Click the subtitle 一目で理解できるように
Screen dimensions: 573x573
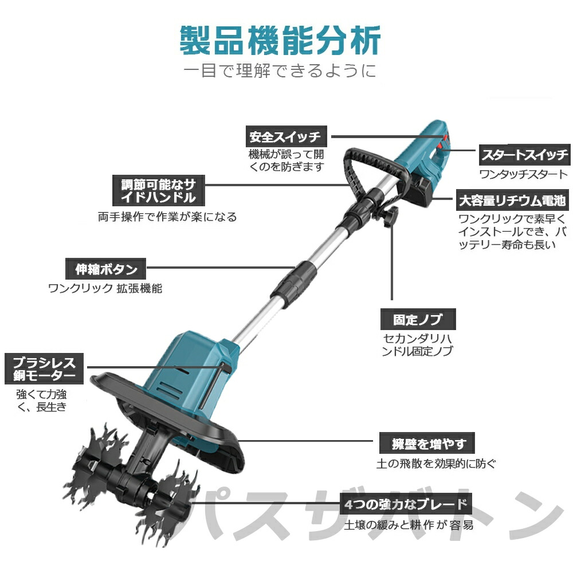pos(280,71)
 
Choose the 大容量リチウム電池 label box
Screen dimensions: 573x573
pos(512,201)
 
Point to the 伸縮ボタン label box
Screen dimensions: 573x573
pos(106,268)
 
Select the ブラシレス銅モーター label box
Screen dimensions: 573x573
pos(44,369)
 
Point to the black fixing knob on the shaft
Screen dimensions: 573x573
pos(393,217)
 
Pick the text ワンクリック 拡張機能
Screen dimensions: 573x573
pos(105,288)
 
